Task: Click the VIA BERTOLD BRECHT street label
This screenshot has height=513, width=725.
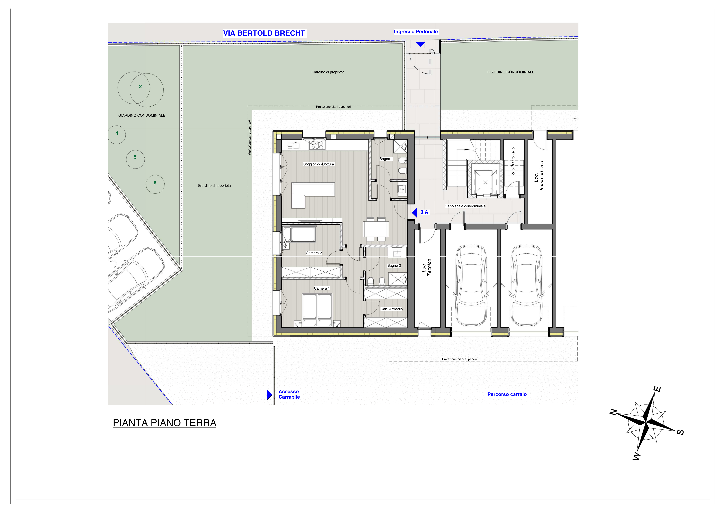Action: click(x=264, y=33)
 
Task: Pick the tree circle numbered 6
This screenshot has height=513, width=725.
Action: click(x=155, y=184)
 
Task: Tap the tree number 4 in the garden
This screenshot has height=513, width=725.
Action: click(x=117, y=133)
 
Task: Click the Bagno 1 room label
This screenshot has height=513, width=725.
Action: click(x=386, y=159)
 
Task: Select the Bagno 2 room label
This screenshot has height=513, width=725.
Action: click(x=394, y=265)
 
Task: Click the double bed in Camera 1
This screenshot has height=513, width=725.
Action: click(x=317, y=310)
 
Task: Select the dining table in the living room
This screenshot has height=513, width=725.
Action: click(x=376, y=229)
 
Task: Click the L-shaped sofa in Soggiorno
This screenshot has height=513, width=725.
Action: click(x=313, y=195)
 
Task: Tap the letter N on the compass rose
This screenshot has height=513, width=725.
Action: click(x=613, y=412)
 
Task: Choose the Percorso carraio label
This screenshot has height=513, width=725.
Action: click(x=507, y=394)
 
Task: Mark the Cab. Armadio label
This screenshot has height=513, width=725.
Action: click(x=391, y=309)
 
